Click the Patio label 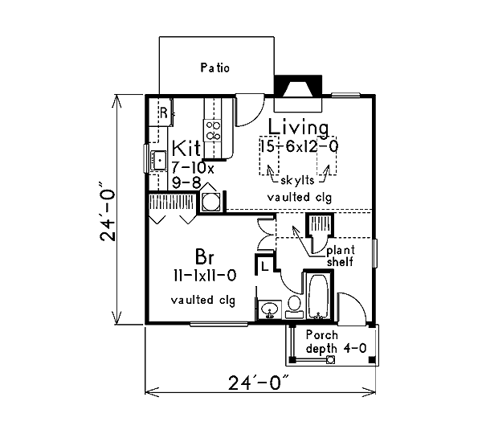[x=214, y=68]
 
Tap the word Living [x=299, y=127]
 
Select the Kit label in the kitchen [x=186, y=148]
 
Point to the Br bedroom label [x=204, y=257]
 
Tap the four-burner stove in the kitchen [x=213, y=130]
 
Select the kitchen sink [x=159, y=161]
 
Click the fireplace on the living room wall [x=298, y=93]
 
